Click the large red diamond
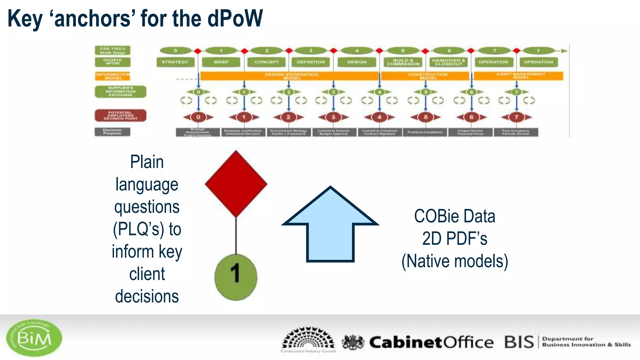(236, 184)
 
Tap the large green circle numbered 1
(236, 277)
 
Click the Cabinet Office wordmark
(431, 342)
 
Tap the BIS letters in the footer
(519, 342)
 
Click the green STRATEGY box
(175, 62)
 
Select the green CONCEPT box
(267, 62)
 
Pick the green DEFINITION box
(311, 62)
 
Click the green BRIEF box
(221, 62)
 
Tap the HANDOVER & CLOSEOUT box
(448, 62)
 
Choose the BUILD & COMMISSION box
(403, 62)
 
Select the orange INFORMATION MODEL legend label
(112, 76)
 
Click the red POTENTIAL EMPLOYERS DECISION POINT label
(120, 115)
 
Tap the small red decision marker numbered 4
(379, 117)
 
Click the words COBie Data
(455, 216)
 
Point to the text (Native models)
(455, 261)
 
